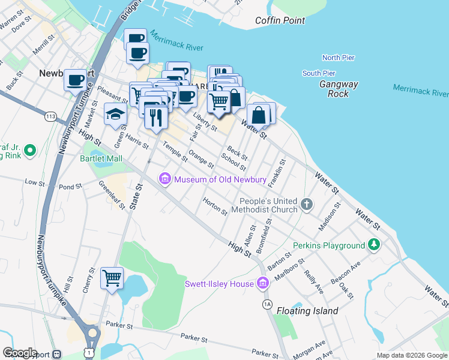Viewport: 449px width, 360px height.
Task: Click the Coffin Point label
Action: tap(280, 20)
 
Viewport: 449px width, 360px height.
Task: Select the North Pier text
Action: tap(339, 58)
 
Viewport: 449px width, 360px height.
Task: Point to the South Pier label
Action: tap(319, 73)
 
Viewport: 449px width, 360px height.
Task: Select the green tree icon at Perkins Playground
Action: tap(374, 245)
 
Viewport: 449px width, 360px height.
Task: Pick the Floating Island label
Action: tap(307, 311)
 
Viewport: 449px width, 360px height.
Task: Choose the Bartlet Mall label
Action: tap(101, 158)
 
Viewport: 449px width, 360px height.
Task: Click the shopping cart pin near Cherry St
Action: tap(112, 278)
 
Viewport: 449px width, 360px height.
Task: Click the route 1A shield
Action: tap(267, 305)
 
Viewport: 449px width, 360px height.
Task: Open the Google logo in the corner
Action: tap(20, 353)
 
